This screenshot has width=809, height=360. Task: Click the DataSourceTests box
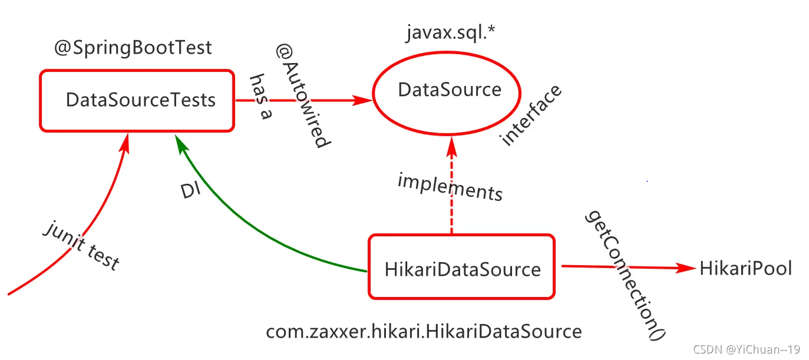(x=137, y=100)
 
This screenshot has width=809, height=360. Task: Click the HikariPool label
(x=745, y=269)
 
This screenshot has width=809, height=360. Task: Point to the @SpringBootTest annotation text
(x=133, y=48)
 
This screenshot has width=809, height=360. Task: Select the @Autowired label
(x=301, y=97)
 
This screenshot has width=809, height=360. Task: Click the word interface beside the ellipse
(x=531, y=115)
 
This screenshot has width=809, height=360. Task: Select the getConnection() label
(x=625, y=274)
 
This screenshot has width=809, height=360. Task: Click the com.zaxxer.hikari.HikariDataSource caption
(x=424, y=331)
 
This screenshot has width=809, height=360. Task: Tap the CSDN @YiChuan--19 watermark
(x=745, y=349)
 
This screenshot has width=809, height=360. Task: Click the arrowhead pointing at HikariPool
(x=687, y=268)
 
